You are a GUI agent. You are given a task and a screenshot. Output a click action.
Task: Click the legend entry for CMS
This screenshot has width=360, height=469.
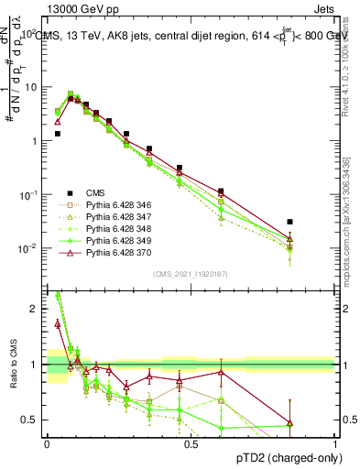point(94,192)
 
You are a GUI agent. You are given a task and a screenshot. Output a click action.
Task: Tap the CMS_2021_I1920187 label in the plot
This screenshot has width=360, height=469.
point(191,274)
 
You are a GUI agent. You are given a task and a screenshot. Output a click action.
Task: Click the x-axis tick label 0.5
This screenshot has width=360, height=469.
point(191,443)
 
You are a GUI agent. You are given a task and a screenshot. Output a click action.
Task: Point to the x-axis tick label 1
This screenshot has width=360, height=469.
point(334,443)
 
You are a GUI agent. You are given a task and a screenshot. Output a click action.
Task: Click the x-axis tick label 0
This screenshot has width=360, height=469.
point(47,443)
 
